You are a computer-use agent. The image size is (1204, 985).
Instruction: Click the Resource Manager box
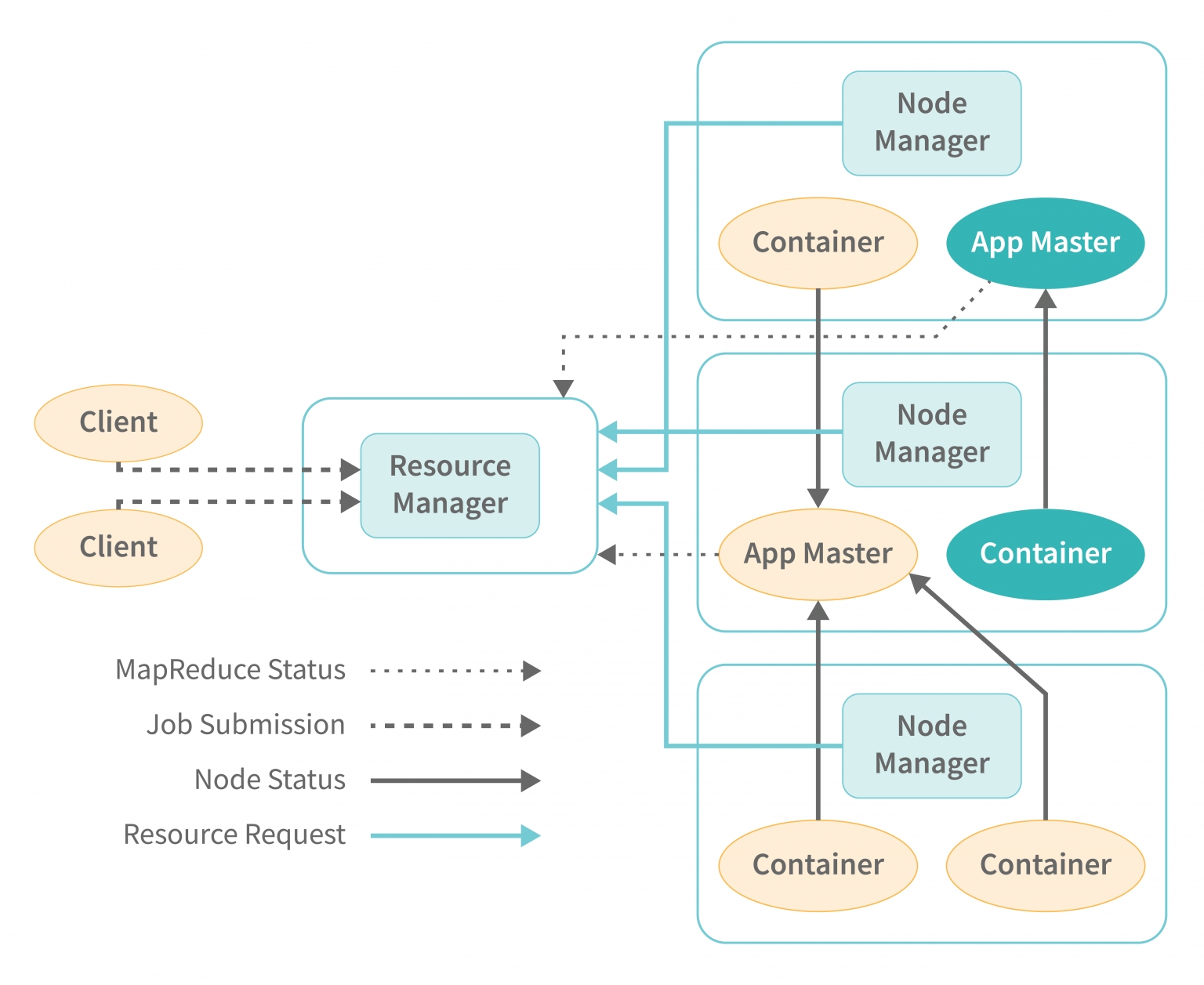click(450, 485)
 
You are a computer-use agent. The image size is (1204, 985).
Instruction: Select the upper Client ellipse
click(118, 422)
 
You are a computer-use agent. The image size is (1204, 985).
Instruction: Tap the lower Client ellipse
click(118, 547)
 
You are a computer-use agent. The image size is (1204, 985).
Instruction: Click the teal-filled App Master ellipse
click(1045, 243)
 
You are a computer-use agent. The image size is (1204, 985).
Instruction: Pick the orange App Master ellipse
click(818, 554)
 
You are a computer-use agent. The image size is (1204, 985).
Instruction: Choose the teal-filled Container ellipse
click(1045, 554)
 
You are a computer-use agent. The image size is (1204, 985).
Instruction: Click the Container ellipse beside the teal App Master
click(818, 243)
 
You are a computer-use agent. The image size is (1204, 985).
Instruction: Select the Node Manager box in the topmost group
click(931, 123)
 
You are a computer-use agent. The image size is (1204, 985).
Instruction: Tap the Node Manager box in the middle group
click(931, 434)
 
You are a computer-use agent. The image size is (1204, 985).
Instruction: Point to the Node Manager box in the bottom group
click(931, 745)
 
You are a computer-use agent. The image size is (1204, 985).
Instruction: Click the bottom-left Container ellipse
click(818, 865)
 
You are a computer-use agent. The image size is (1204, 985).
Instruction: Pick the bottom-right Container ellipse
click(1045, 865)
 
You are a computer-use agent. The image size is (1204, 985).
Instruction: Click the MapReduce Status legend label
click(230, 670)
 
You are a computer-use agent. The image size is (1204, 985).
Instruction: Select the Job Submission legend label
click(245, 725)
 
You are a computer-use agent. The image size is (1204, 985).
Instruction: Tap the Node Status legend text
click(270, 780)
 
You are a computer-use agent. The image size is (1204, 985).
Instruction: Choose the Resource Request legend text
click(234, 835)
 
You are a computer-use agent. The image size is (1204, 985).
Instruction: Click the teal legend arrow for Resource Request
click(455, 836)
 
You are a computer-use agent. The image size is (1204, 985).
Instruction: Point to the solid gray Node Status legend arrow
click(455, 780)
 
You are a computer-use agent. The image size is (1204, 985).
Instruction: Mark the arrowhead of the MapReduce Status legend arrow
click(532, 671)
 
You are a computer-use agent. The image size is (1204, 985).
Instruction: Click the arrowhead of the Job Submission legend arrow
click(531, 726)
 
